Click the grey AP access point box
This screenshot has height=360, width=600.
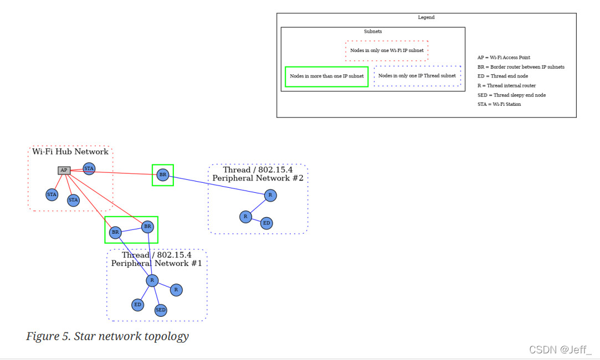[64, 171]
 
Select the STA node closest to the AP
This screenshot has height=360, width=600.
[89, 168]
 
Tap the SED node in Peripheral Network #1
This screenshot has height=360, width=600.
[161, 310]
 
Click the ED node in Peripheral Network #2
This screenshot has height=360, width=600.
[266, 223]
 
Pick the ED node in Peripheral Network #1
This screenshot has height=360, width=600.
[137, 305]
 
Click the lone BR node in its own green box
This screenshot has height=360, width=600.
[162, 175]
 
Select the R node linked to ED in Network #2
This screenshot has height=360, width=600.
[245, 217]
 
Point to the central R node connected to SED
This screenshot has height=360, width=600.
[152, 281]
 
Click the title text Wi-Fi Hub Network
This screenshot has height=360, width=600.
[70, 152]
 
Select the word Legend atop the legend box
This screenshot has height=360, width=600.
[426, 18]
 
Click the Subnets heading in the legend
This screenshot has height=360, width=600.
[373, 32]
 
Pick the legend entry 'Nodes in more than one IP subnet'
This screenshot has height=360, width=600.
[327, 76]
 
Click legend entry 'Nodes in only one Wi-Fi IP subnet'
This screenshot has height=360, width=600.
[387, 50]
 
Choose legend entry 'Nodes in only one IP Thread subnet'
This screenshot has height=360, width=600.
[417, 76]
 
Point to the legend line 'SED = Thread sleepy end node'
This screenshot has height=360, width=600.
[511, 95]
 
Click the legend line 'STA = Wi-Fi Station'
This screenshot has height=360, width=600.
[499, 104]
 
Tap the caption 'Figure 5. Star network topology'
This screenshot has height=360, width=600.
[107, 336]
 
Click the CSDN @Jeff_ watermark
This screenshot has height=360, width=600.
[560, 349]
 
